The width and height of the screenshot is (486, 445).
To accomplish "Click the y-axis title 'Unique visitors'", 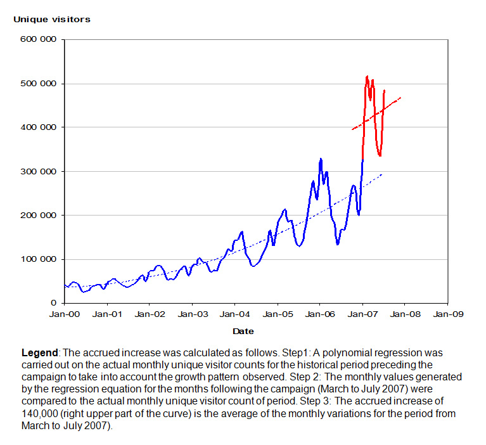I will (52, 19).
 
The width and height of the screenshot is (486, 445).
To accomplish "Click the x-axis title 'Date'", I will (243, 331).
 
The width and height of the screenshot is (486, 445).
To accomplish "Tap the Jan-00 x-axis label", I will (65, 314).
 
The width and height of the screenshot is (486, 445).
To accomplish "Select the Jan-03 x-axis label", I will (193, 314).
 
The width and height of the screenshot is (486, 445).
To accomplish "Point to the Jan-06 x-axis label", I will (320, 314).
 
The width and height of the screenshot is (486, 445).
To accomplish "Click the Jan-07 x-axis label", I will (362, 314).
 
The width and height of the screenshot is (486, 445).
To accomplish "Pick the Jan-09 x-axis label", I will (447, 314).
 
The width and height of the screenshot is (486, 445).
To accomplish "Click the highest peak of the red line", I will (368, 77).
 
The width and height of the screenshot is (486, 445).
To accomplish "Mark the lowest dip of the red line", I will (380, 155).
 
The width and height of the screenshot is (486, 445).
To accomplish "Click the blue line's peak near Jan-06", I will (321, 159).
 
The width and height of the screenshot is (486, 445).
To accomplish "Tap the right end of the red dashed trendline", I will (400, 98).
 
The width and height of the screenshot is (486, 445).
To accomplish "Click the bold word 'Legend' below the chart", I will (40, 352).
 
